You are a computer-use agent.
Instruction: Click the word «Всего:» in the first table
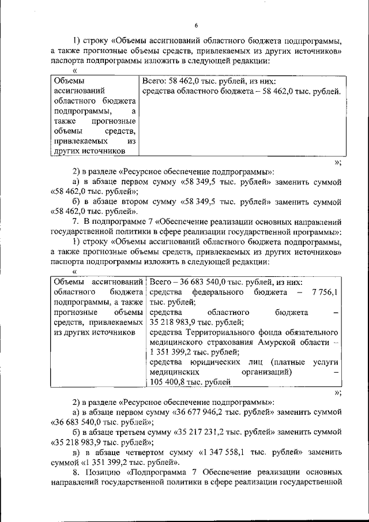[154, 81]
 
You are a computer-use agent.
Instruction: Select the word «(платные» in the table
[286, 362]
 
